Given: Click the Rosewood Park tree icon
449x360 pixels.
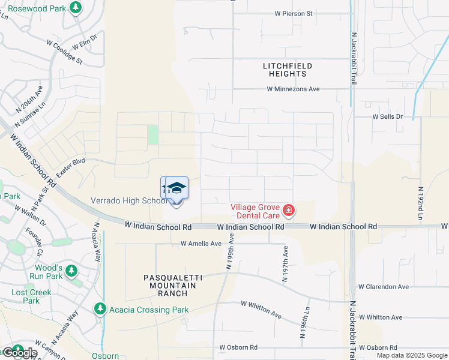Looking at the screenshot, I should (76, 7).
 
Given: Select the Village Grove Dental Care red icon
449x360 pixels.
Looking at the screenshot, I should (289, 210).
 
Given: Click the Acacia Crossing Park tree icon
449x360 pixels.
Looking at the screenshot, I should (100, 308).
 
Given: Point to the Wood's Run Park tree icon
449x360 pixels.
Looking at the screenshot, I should (71, 271).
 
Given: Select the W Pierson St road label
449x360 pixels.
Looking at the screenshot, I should (294, 13).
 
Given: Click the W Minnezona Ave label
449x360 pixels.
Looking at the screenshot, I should (294, 89).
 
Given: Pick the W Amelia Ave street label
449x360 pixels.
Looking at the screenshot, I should (201, 244).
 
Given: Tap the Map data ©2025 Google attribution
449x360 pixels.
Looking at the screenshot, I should (412, 355).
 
